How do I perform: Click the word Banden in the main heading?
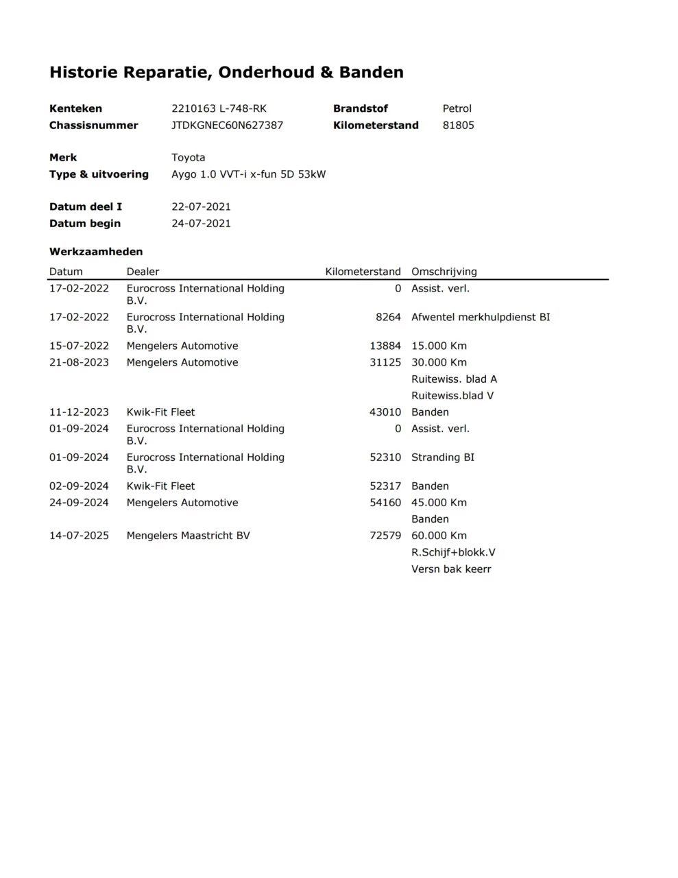point(371,73)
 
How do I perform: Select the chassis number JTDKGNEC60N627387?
point(227,126)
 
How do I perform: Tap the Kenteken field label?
point(75,108)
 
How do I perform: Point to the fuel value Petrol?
point(457,108)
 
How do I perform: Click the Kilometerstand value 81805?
point(458,126)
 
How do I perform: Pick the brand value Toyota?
point(188,158)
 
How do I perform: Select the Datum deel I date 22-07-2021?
point(201,207)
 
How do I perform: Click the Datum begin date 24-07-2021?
point(201,224)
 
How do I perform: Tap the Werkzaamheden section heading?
point(96,252)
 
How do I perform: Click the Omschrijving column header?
point(444,272)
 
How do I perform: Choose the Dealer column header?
point(143,272)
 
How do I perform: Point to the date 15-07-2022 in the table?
point(79,346)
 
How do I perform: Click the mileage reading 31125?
point(385,363)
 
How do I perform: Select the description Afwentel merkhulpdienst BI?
point(481,318)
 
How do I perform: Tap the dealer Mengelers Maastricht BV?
point(188,536)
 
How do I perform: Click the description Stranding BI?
point(442,458)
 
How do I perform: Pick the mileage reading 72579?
point(385,536)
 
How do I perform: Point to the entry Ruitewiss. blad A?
point(454,379)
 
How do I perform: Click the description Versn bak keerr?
point(451,569)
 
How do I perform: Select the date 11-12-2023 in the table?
point(79,412)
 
